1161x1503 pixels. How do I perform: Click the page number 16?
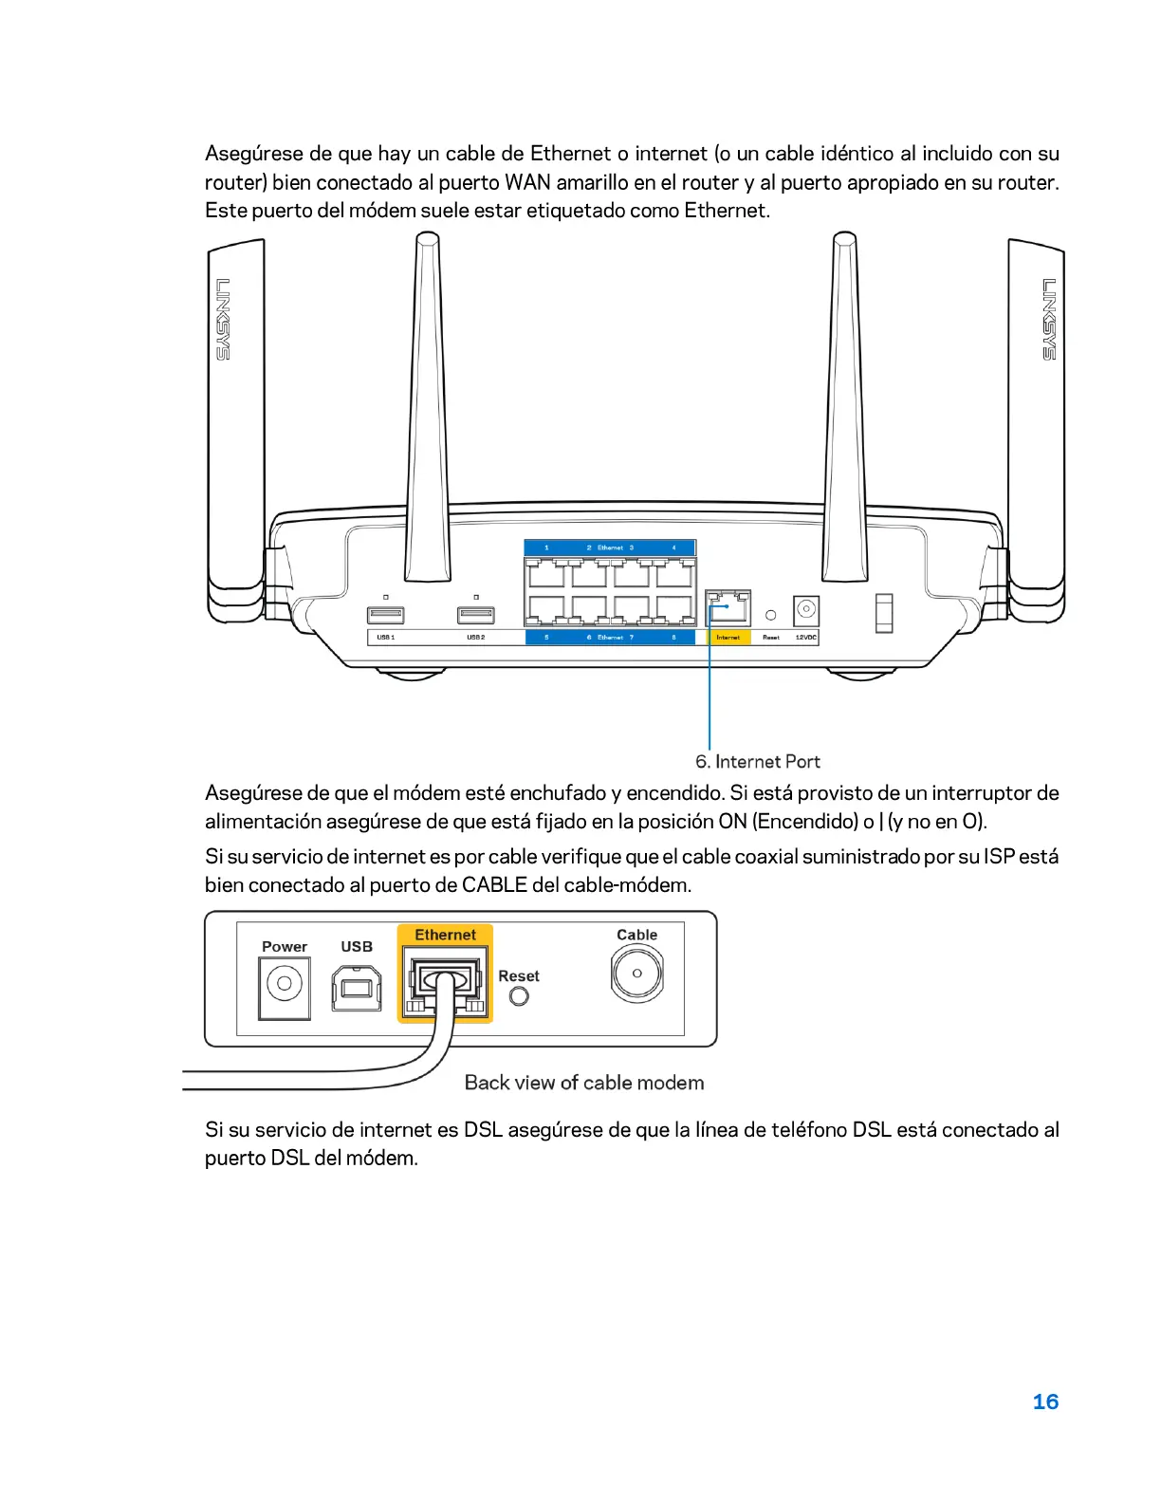point(1045,1401)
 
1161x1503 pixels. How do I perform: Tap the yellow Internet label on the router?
point(728,638)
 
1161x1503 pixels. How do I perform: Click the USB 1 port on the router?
point(385,615)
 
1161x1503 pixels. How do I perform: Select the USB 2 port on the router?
point(475,615)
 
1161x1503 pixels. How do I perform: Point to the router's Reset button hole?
point(770,615)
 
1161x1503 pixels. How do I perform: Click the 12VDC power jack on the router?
point(805,609)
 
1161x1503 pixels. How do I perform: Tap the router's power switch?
point(884,612)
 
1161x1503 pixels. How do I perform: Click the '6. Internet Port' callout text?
point(757,761)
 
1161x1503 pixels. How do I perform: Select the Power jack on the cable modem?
point(284,984)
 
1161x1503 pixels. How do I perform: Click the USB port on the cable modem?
point(357,988)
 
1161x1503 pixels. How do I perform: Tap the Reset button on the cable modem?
point(519,996)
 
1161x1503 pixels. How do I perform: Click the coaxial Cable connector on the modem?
point(636,974)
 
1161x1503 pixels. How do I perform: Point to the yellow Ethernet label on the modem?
point(445,935)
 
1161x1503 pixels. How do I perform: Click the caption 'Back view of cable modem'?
point(584,1083)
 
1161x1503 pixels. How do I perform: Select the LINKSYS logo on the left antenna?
point(223,319)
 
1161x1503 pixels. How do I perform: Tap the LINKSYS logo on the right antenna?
point(1049,319)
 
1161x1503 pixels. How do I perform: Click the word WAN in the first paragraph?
point(527,182)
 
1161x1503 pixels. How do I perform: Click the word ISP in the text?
point(999,857)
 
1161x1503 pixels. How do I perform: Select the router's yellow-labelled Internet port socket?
point(728,606)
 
